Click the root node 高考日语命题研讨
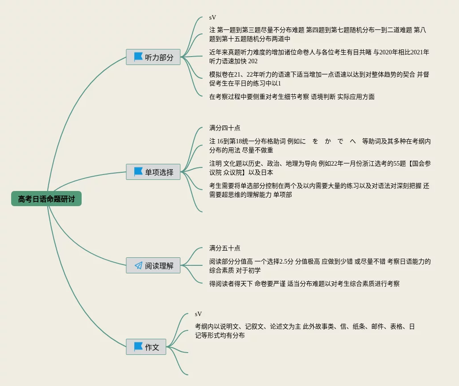click(46, 199)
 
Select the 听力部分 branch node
click(153, 57)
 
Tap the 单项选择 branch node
click(153, 172)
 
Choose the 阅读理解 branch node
click(153, 265)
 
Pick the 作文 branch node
click(146, 347)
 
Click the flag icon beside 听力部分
click(138, 57)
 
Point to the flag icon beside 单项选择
click(138, 172)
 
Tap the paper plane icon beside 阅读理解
click(138, 265)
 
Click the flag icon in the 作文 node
click(138, 347)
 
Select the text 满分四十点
click(224, 128)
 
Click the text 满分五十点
click(224, 248)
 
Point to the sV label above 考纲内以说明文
click(198, 314)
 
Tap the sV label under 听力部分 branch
click(212, 17)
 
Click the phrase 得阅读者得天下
click(231, 284)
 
